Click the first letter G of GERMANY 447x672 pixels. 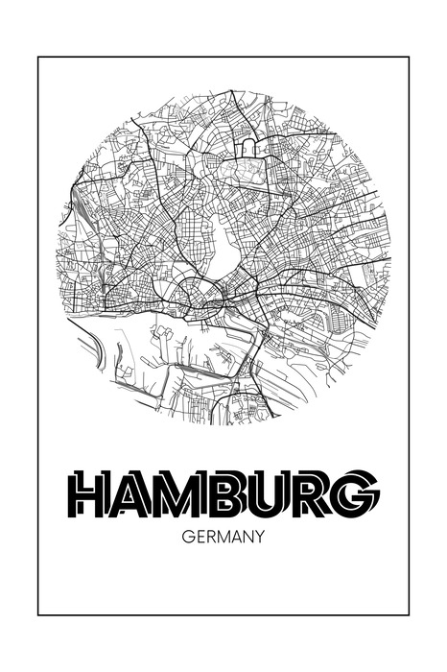point(186,538)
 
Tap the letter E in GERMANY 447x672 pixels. point(199,538)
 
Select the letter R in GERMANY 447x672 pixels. point(210,538)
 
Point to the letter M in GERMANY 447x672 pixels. point(223,538)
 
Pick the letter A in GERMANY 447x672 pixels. point(237,538)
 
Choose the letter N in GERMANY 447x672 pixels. point(248,538)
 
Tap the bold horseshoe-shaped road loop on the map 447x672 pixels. point(248,145)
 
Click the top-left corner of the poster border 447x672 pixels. point(38,58)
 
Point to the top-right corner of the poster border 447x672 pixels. point(409,58)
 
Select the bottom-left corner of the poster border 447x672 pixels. point(38,614)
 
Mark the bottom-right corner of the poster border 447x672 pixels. point(409,614)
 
